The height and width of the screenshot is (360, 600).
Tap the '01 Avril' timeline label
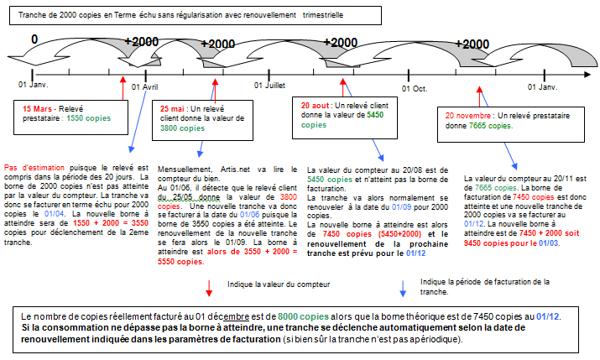(145, 87)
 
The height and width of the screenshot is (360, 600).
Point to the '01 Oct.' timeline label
(415, 87)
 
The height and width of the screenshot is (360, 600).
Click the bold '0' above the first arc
(34, 39)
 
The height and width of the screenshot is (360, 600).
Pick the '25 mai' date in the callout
(178, 109)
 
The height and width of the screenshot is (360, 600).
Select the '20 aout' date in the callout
(317, 105)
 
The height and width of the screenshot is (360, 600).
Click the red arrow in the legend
(207, 288)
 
